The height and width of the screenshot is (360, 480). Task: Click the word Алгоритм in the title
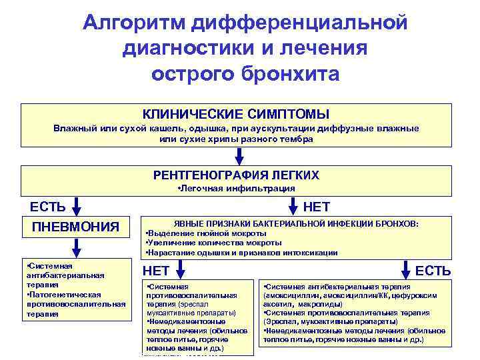[x=134, y=23]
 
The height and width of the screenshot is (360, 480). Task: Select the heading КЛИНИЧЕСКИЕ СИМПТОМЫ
[x=236, y=115]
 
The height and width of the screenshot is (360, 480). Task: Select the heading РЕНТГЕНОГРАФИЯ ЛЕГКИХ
[x=236, y=175]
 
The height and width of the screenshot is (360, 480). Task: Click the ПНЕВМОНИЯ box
[x=76, y=227]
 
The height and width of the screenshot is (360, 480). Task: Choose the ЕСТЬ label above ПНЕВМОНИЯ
[x=43, y=206]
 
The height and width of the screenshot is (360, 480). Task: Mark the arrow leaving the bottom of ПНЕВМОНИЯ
[x=76, y=247]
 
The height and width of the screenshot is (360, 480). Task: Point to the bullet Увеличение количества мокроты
[x=213, y=243]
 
